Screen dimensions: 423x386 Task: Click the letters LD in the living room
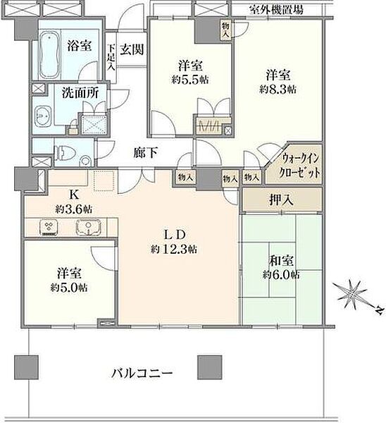click(175, 235)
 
